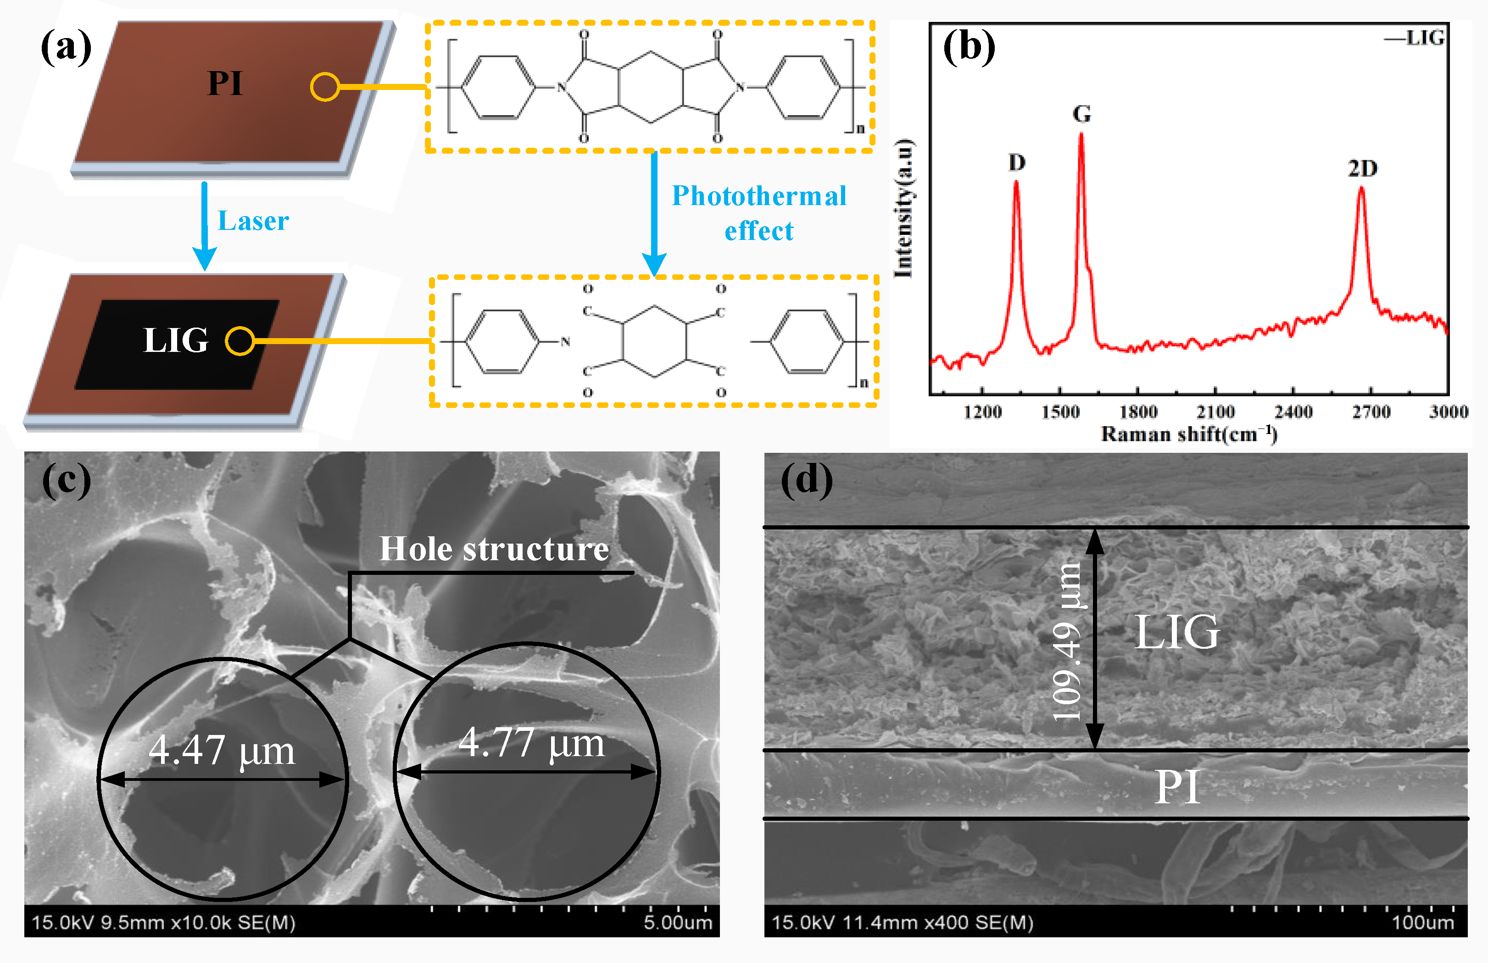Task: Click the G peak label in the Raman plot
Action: (1081, 114)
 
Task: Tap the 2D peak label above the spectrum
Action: (1362, 168)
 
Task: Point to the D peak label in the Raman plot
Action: (1017, 162)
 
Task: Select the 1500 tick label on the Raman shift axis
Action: (1060, 412)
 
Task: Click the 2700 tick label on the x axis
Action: (1371, 412)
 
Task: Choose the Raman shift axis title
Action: (1188, 434)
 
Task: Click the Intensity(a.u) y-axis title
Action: (903, 208)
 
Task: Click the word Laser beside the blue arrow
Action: (253, 221)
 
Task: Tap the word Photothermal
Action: (759, 196)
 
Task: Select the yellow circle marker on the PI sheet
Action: (325, 87)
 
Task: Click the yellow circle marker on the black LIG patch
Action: (240, 341)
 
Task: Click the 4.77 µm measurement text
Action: (531, 743)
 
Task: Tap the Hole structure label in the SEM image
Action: (494, 549)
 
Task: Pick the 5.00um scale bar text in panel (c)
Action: (678, 922)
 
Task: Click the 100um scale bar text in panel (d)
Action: (1422, 922)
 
